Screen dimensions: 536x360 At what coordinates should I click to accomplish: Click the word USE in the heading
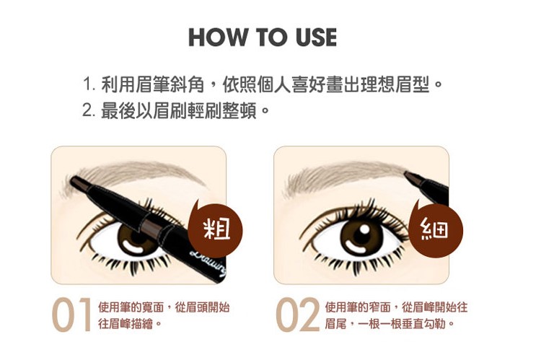[x=317, y=37]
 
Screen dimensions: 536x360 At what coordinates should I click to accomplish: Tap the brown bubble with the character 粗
[x=216, y=228]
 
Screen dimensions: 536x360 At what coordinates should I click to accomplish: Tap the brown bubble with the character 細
[x=436, y=228]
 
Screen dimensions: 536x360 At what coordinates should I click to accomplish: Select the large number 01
[x=72, y=315]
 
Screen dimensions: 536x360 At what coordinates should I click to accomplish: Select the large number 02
[x=297, y=315]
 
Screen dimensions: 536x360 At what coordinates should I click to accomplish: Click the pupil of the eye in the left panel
[x=134, y=235]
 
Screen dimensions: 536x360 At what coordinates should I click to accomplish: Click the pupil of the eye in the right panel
[x=359, y=236]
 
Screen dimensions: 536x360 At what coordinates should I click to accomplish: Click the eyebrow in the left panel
[x=133, y=177]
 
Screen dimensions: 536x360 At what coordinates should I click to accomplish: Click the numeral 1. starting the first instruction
[x=89, y=84]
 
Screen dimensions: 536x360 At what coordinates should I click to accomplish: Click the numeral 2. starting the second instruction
[x=89, y=110]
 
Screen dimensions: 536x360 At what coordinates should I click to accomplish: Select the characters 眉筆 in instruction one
[x=153, y=84]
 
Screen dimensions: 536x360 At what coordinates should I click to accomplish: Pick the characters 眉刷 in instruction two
[x=170, y=110]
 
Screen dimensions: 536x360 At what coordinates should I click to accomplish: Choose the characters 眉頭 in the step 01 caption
[x=196, y=307]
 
